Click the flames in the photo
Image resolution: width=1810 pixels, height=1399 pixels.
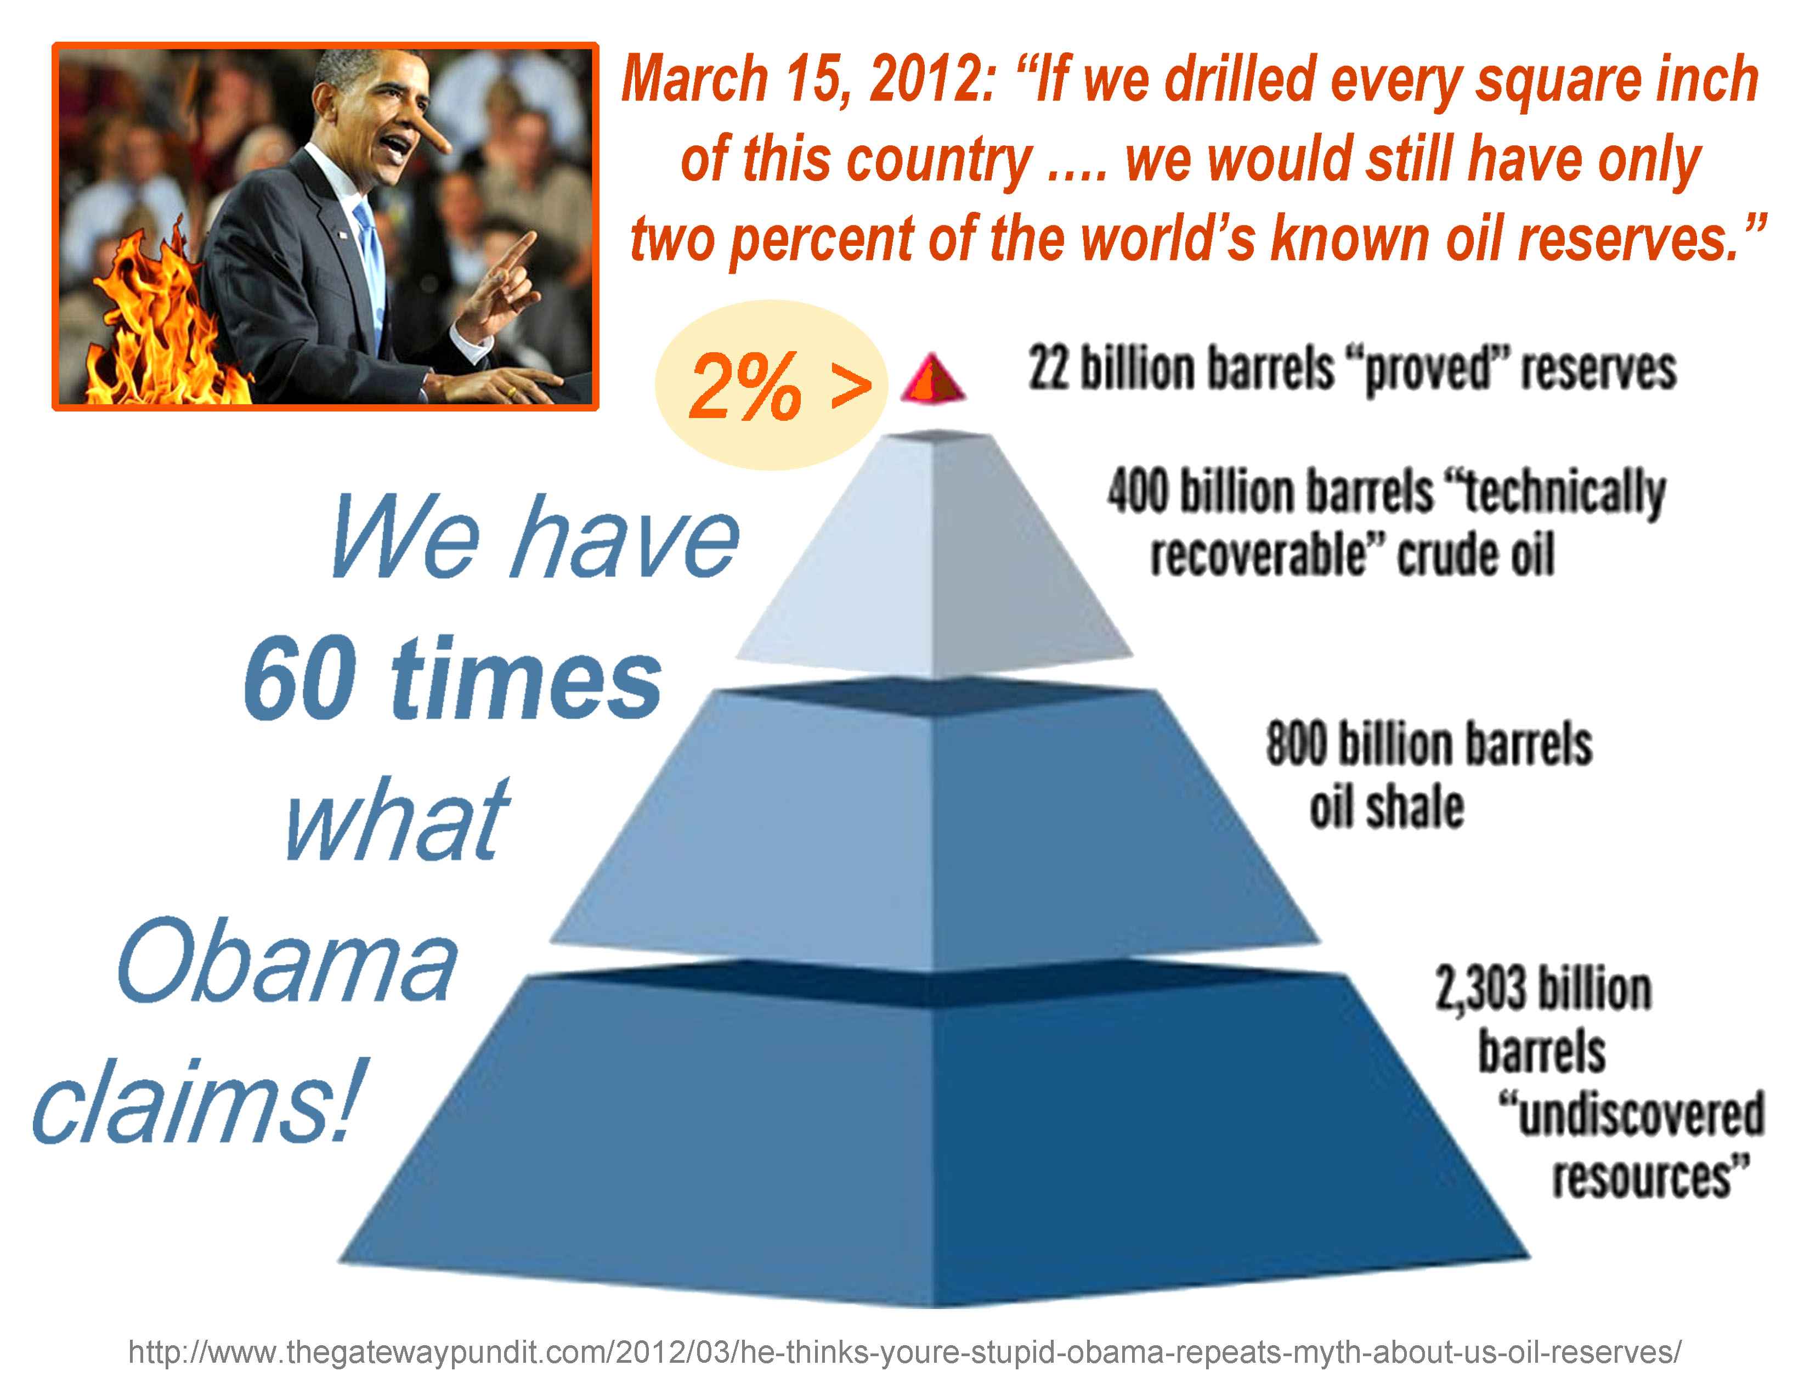point(157,323)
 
